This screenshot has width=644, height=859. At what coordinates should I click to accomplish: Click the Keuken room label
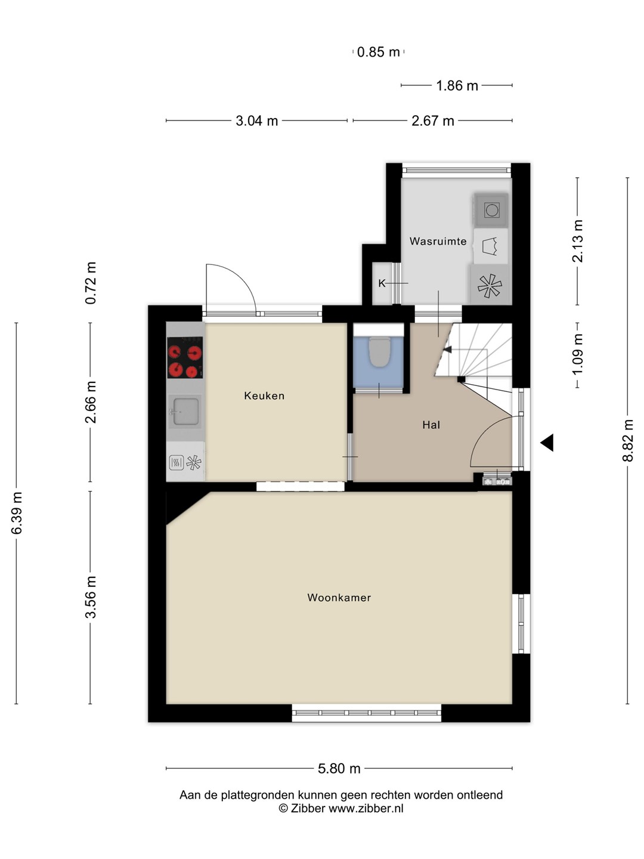point(264,395)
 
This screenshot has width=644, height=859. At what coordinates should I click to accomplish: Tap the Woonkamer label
point(339,598)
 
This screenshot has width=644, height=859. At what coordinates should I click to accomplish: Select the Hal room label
point(431,425)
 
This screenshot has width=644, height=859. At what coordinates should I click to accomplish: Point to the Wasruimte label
point(438,241)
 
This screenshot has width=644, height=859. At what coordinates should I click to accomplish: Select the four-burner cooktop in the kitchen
point(185,357)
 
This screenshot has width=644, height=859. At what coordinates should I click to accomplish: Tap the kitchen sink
point(185,411)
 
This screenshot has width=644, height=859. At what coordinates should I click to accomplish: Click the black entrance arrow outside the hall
point(547,443)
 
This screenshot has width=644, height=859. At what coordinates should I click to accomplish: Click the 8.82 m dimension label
point(627,440)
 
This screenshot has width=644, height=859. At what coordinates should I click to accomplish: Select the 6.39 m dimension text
point(17,513)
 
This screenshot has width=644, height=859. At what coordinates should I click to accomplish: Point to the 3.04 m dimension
point(256,120)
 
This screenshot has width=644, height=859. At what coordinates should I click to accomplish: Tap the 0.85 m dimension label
point(378,52)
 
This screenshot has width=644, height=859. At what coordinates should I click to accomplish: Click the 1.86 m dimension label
point(457,85)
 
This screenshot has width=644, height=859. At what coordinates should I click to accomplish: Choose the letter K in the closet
point(382,283)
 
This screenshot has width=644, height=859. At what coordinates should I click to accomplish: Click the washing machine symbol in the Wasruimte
point(491,210)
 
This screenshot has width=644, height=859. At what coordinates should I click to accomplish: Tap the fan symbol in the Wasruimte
point(490,286)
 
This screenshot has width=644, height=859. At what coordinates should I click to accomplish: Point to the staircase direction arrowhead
point(447,349)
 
